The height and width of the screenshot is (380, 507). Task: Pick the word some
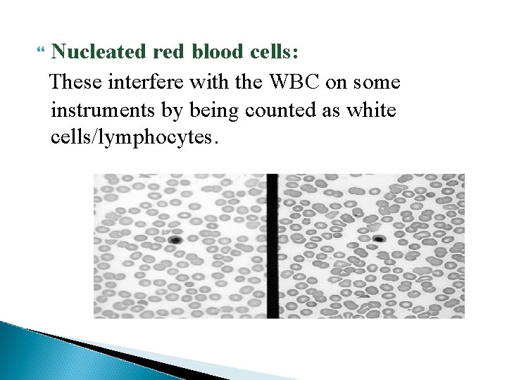click(377, 82)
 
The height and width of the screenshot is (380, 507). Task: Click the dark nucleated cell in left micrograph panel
click(175, 240)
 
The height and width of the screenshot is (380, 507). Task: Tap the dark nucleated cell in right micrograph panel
click(379, 239)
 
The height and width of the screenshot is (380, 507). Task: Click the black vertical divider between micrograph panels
click(273, 246)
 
